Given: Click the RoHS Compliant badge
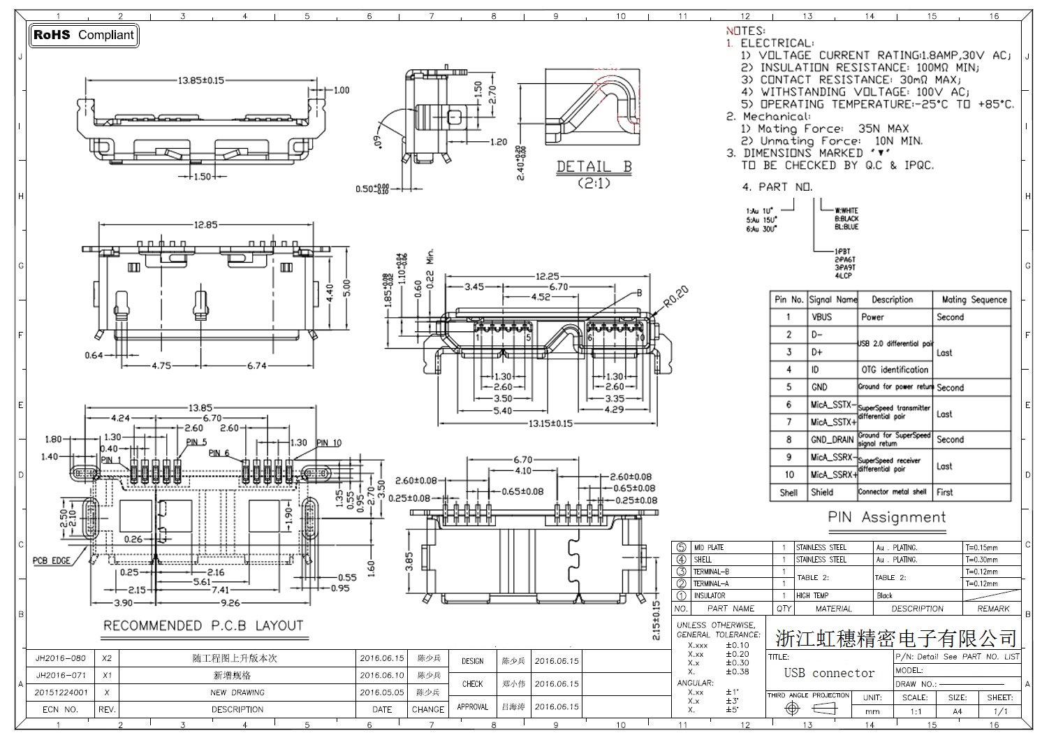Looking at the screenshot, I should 84,35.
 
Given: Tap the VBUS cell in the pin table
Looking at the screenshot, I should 822,317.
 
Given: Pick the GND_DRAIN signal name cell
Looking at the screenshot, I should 832,440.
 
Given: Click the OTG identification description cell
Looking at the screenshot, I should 895,370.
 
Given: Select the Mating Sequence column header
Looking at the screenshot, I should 974,299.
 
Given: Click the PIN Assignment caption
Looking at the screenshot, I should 886,518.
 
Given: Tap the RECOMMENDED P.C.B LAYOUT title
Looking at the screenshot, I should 203,625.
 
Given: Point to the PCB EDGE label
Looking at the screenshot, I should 52,560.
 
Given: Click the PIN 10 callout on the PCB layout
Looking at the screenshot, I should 329,442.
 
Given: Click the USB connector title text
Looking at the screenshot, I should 829,673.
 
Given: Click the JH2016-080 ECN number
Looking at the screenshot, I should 61,658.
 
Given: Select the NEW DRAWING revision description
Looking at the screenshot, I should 237,692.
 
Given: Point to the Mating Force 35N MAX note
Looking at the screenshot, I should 825,129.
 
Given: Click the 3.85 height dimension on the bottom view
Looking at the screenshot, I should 409,560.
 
